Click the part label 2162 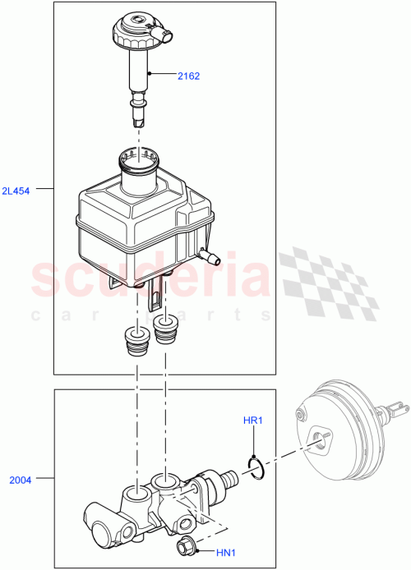[x=188, y=76]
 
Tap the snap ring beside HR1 [x=256, y=469]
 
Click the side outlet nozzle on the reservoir [x=213, y=260]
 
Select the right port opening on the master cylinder [x=168, y=480]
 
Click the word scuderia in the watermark [x=148, y=279]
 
